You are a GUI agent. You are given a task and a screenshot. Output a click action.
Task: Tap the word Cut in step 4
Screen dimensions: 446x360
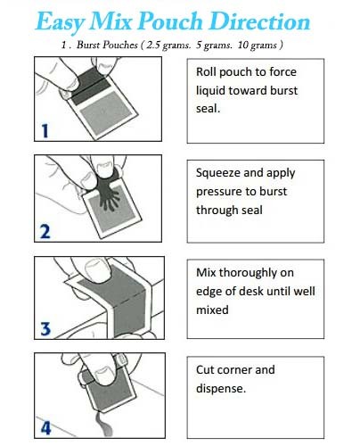[206, 368]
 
